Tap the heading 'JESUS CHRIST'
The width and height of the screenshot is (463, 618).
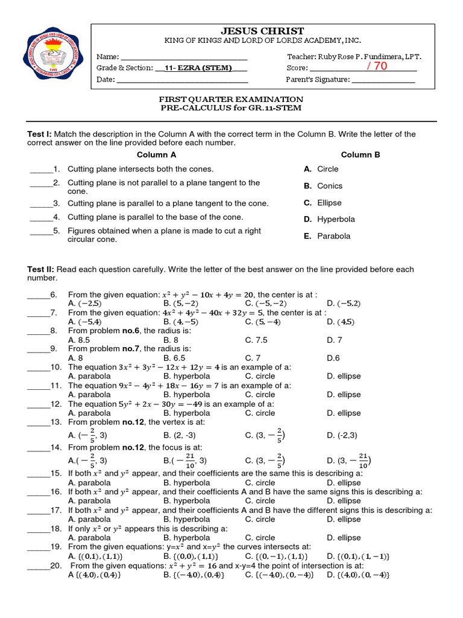click(x=262, y=31)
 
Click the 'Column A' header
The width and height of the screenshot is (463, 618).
click(x=156, y=154)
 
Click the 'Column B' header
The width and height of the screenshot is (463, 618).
click(x=361, y=154)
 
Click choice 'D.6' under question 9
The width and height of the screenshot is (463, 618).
click(x=333, y=358)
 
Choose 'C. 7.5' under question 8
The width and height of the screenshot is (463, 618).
click(x=256, y=340)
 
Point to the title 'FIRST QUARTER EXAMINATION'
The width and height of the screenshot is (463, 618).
click(x=231, y=99)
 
